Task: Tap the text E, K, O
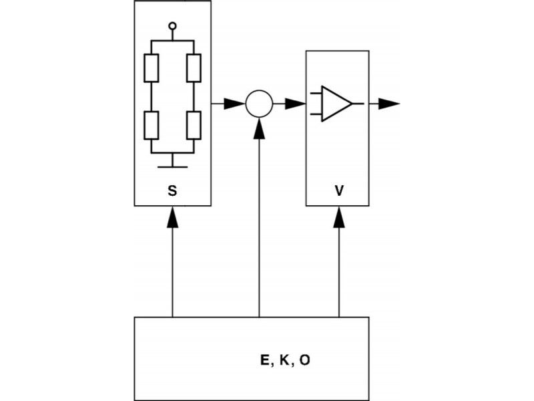pos(284,360)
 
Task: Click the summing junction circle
pos(259,104)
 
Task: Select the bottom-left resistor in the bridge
pos(152,124)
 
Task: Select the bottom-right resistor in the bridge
pos(194,124)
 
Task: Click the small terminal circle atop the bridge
pos(173,26)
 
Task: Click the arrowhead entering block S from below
pos(172,215)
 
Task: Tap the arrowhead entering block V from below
pos(339,215)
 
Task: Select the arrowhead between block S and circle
pos(234,104)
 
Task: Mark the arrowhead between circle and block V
pos(294,104)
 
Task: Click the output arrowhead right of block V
pos(388,104)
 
